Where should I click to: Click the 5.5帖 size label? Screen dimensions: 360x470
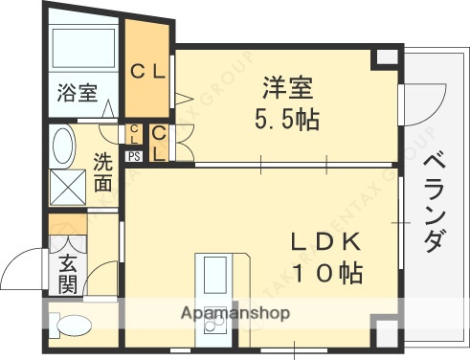(286, 121)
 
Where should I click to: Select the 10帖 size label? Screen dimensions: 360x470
(325, 273)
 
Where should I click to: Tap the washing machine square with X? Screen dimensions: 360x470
(68, 188)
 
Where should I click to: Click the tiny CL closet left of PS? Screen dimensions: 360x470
(135, 134)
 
